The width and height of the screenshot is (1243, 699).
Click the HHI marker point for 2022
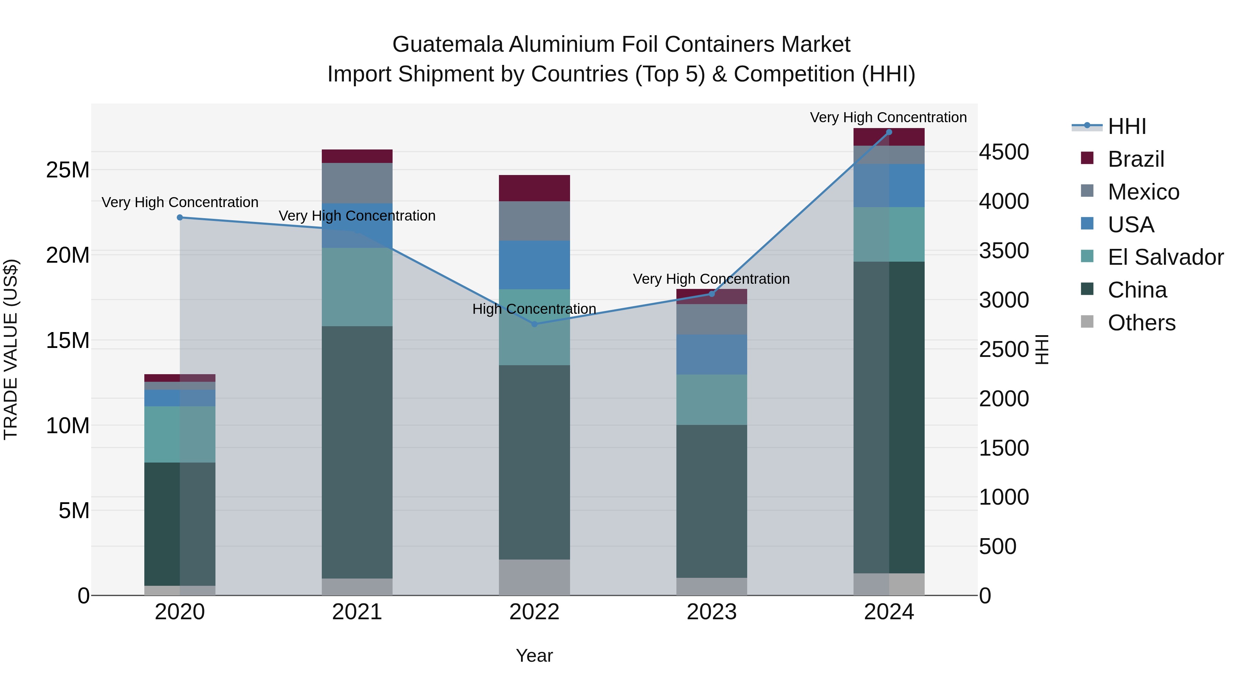point(534,324)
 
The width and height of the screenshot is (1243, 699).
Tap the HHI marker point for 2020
point(180,217)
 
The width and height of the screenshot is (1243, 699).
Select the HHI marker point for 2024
point(889,132)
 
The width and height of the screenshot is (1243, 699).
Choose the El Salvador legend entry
point(1165,257)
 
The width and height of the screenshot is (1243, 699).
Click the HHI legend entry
point(1126,126)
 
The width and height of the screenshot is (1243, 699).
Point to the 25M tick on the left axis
point(68,170)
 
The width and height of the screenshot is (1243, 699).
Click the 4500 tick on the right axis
point(1004,152)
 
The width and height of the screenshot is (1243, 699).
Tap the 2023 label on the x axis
point(711,612)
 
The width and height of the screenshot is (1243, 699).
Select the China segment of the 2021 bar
point(357,452)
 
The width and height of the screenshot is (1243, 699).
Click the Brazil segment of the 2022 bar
point(534,188)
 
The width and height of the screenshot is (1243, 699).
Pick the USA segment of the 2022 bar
point(534,265)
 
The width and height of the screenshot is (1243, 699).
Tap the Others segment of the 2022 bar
point(534,577)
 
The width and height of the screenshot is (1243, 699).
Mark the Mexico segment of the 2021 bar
point(357,183)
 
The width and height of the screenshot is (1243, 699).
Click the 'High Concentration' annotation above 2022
point(534,309)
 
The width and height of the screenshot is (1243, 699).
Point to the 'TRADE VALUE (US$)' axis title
point(11,349)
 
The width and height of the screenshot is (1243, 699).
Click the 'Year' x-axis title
point(534,656)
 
